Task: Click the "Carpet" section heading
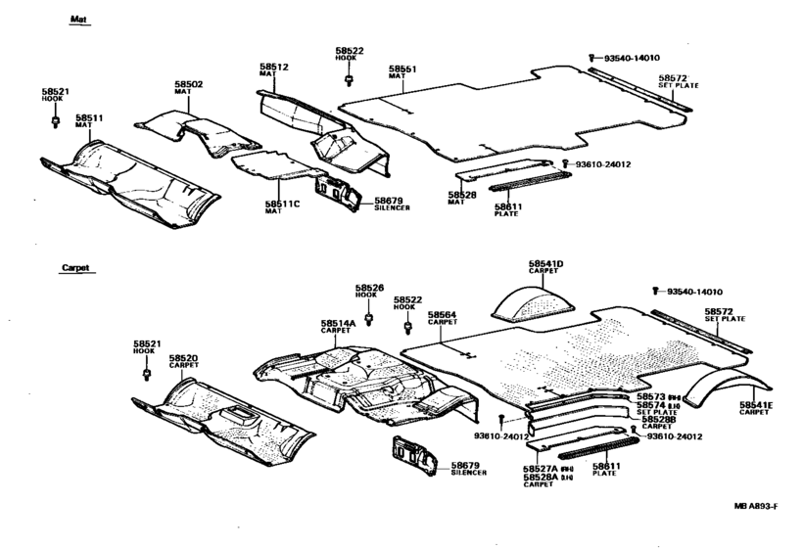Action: [75, 267]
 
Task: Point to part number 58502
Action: [189, 84]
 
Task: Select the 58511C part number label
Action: [278, 205]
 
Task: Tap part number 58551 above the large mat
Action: [402, 68]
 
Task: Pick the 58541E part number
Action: [755, 404]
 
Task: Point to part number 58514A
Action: [337, 323]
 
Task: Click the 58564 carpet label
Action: [442, 315]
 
